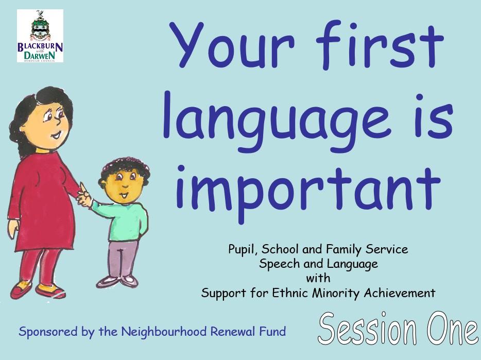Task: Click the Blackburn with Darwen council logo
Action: coord(40,36)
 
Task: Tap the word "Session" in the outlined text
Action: coord(366,329)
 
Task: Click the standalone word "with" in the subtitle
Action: coord(318,279)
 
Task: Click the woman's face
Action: coord(51,122)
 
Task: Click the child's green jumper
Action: coord(124,219)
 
